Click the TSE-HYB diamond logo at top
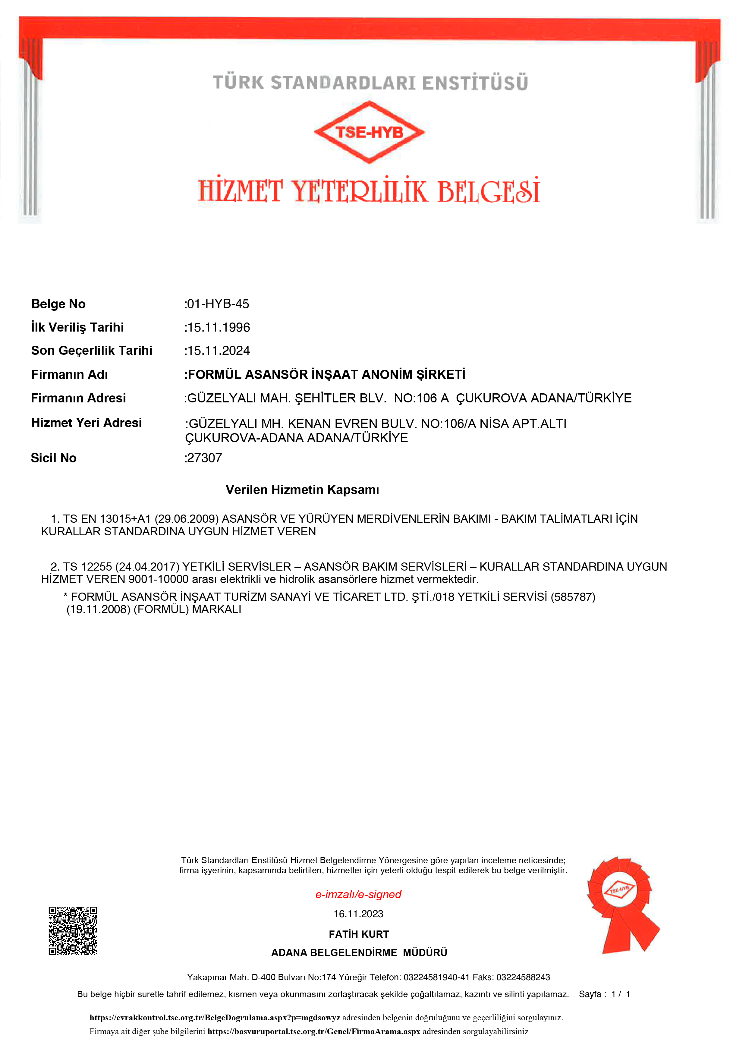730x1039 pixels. coord(369,132)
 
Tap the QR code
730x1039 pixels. coord(73,930)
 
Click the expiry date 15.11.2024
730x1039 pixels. coord(218,351)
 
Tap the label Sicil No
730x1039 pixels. coord(53,458)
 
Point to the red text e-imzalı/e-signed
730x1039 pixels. coord(358,895)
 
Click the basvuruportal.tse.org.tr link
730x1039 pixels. coord(314,1032)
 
